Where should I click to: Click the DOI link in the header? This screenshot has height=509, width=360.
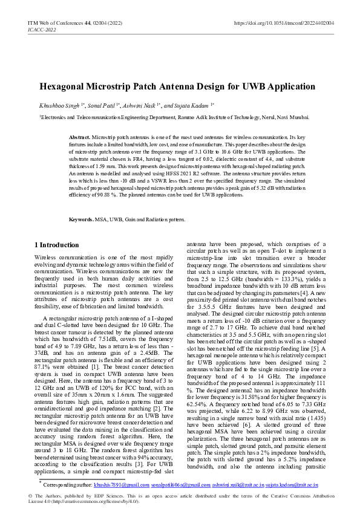tap(284, 22)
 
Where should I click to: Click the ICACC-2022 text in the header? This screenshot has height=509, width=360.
tap(41, 29)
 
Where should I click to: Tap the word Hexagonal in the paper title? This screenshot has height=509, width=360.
tap(65, 86)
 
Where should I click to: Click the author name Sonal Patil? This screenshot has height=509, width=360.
tap(103, 105)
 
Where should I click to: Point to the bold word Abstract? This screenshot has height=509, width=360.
tap(79, 138)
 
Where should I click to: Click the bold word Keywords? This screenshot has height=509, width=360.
tap(81, 219)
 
